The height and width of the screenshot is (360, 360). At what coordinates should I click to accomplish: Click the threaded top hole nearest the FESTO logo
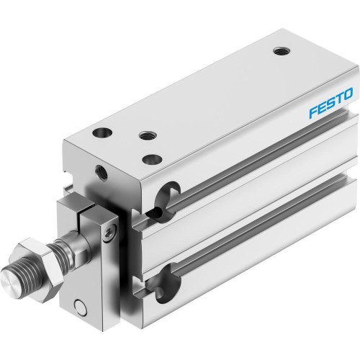[x=279, y=51]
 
